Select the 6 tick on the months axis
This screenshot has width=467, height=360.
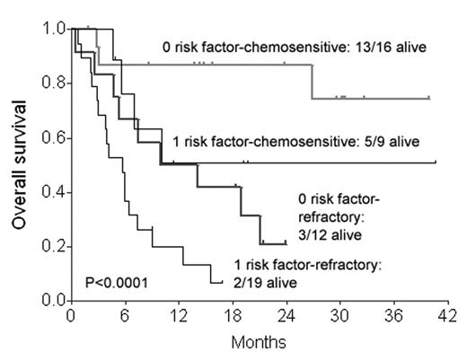(125, 316)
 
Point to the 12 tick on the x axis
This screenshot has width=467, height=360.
(178, 316)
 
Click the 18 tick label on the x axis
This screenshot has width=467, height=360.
(232, 316)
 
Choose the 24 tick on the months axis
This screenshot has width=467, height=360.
(286, 316)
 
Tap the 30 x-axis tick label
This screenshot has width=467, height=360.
(339, 316)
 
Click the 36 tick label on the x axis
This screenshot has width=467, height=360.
(392, 316)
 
